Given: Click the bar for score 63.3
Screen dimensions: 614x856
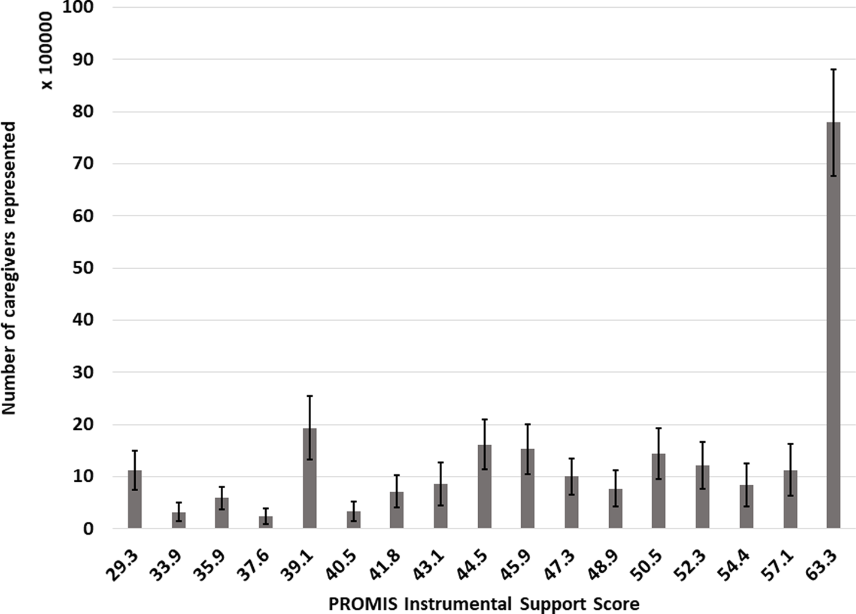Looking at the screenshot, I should (x=833, y=325).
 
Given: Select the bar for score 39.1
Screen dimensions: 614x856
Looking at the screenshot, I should (x=309, y=478).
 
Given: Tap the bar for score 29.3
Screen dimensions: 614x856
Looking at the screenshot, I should (x=135, y=499).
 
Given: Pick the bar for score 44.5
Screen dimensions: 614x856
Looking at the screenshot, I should (x=484, y=486).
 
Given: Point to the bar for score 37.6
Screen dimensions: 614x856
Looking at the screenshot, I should (x=266, y=522).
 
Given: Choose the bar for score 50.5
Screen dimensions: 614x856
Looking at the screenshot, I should (x=658, y=491).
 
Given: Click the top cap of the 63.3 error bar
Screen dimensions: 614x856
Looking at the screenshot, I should (x=833, y=70).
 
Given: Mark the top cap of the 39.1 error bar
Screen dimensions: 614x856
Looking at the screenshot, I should (x=309, y=396).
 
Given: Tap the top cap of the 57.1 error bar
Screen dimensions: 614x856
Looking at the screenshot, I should (x=790, y=444).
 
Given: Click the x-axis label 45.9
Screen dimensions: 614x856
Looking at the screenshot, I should (x=521, y=565).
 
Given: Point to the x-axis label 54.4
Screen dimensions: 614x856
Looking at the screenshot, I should (x=739, y=565).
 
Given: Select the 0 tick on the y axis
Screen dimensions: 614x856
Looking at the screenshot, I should (x=88, y=529).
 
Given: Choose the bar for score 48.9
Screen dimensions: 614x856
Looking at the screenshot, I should (x=615, y=508).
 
